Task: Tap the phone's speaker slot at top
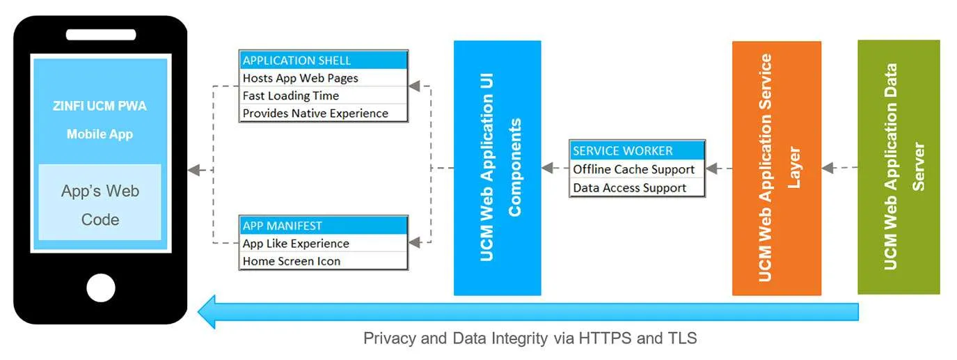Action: [101, 35]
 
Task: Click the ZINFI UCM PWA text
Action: [100, 107]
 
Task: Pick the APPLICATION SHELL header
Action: [323, 60]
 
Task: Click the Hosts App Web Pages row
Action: [323, 78]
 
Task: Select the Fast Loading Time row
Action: [323, 95]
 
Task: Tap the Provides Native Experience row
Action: [323, 113]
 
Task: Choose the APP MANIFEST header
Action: [323, 226]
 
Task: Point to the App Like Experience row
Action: [323, 244]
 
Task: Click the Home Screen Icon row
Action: [323, 261]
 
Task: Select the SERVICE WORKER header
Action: [637, 150]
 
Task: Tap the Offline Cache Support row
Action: [637, 169]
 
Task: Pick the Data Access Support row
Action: [637, 187]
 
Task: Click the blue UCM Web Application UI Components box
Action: [497, 168]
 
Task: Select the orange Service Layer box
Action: [776, 168]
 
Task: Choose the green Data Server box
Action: [899, 166]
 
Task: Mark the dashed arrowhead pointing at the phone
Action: [194, 170]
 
